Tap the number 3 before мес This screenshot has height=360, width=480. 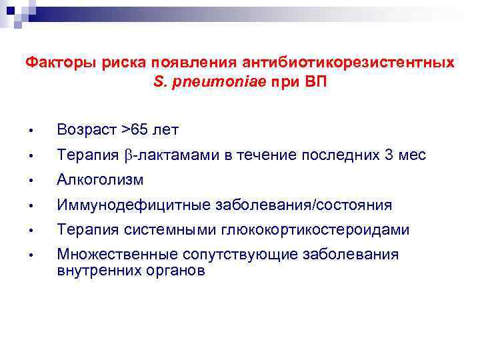click(389, 155)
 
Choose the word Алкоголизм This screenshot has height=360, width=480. click(100, 180)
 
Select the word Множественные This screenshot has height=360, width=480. click(111, 255)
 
